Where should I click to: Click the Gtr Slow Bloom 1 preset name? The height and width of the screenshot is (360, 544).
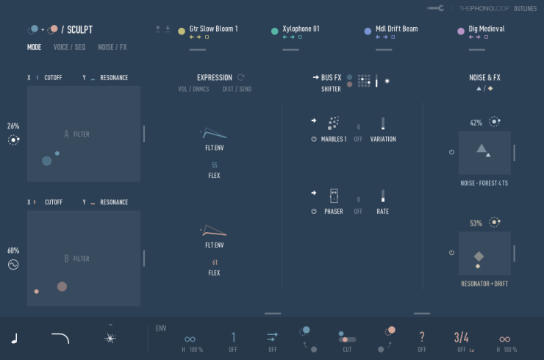pyautogui.click(x=213, y=29)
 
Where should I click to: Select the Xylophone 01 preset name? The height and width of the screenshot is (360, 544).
pyautogui.click(x=301, y=29)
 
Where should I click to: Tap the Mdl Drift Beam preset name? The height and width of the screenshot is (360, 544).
pyautogui.click(x=396, y=29)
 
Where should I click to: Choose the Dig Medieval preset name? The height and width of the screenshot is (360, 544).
pyautogui.click(x=486, y=29)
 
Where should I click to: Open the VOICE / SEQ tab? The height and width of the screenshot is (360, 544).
pyautogui.click(x=69, y=47)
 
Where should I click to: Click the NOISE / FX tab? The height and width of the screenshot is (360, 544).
pyautogui.click(x=112, y=47)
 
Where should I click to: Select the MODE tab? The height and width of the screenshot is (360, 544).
pyautogui.click(x=35, y=47)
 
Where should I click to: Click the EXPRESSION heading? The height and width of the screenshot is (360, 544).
pyautogui.click(x=214, y=77)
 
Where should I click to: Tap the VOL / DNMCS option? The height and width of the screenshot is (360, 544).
pyautogui.click(x=193, y=89)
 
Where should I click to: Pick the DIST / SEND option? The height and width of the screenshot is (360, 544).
pyautogui.click(x=237, y=89)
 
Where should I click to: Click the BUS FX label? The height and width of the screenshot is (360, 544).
pyautogui.click(x=332, y=77)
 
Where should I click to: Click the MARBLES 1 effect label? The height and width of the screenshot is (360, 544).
pyautogui.click(x=334, y=139)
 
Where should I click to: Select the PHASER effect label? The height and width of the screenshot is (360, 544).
pyautogui.click(x=334, y=211)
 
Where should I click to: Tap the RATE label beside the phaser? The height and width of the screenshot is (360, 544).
pyautogui.click(x=382, y=211)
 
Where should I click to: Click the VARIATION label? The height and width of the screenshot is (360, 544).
pyautogui.click(x=383, y=139)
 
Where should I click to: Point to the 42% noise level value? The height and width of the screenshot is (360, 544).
pyautogui.click(x=476, y=123)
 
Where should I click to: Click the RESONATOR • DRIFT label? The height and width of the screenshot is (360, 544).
pyautogui.click(x=484, y=283)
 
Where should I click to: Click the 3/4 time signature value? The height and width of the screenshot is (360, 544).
pyautogui.click(x=461, y=337)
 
